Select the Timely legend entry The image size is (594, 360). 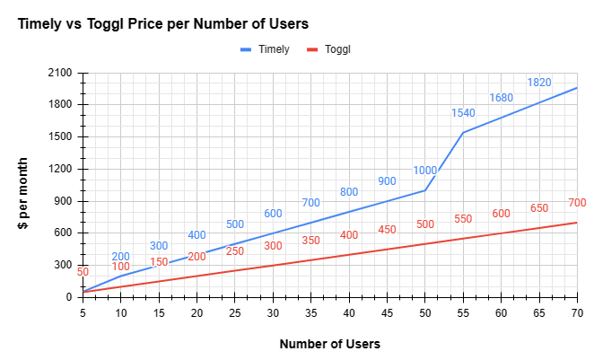pos(265,49)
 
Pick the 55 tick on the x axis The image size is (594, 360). pos(463,312)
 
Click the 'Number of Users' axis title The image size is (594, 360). pos(329,344)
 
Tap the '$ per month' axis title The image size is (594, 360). pos(24,193)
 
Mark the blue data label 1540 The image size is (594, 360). pos(463,113)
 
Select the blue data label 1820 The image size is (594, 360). pos(539,83)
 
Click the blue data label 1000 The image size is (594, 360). pos(424,171)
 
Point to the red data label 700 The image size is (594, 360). pos(577,203)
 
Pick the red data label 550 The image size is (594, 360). pos(463,219)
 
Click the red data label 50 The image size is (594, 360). pos(83,272)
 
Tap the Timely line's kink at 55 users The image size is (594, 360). pos(463,133)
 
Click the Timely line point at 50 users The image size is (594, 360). pos(424,190)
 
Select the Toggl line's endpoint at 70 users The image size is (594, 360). pos(577,223)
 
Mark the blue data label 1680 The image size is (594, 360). pos(501,98)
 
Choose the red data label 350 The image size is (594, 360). pos(310,241)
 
